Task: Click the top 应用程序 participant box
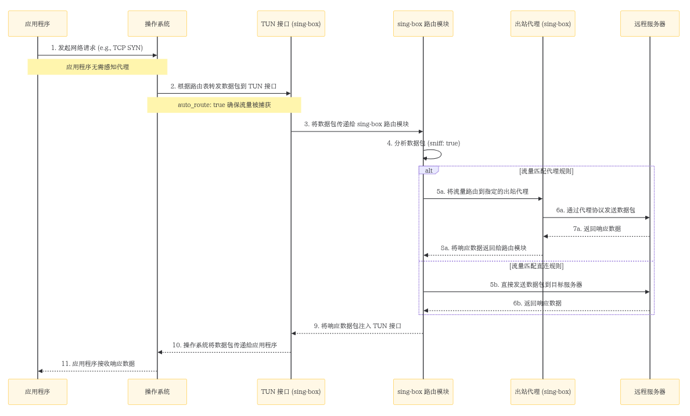pyautogui.click(x=38, y=24)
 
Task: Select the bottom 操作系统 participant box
pyautogui.click(x=157, y=392)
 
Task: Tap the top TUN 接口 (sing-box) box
pyautogui.click(x=291, y=24)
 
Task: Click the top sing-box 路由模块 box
pyautogui.click(x=423, y=24)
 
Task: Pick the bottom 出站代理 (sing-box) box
pyautogui.click(x=542, y=392)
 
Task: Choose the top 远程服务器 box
pyautogui.click(x=649, y=24)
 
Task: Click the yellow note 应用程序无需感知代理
pyautogui.click(x=98, y=67)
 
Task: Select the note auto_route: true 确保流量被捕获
pyautogui.click(x=224, y=105)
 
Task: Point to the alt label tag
pyautogui.click(x=429, y=170)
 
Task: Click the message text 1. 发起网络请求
pyautogui.click(x=97, y=48)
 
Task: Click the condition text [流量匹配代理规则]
pyautogui.click(x=546, y=171)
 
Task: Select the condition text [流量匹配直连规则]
pyautogui.click(x=536, y=266)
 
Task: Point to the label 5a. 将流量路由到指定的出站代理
pyautogui.click(x=483, y=191)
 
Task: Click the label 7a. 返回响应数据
pyautogui.click(x=596, y=229)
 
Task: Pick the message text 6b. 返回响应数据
pyautogui.click(x=537, y=303)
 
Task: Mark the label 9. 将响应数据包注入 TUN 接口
pyautogui.click(x=357, y=326)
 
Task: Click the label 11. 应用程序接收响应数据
pyautogui.click(x=98, y=364)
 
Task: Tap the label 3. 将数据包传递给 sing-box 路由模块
pyautogui.click(x=357, y=124)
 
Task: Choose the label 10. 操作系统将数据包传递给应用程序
pyautogui.click(x=224, y=345)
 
